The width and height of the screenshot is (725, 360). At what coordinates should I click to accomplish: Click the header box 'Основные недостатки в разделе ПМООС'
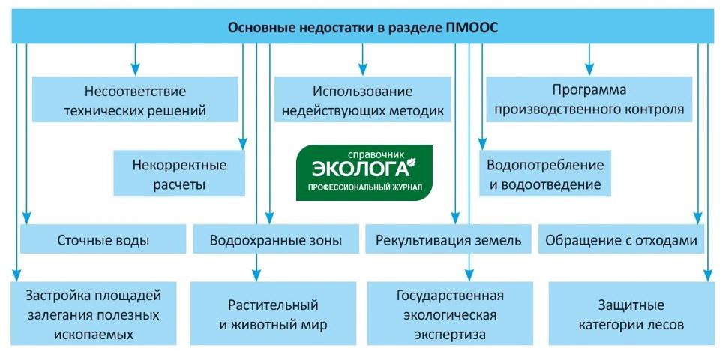point(362,28)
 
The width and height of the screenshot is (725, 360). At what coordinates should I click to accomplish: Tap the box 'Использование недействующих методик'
point(363,102)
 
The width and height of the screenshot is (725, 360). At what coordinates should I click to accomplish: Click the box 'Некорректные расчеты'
point(178,173)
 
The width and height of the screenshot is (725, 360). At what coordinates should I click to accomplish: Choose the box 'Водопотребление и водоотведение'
point(544,173)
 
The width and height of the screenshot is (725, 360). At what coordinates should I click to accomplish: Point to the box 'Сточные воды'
point(103,241)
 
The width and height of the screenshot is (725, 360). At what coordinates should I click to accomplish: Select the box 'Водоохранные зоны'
point(276,241)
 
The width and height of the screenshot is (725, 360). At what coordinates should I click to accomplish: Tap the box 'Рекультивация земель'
point(448,241)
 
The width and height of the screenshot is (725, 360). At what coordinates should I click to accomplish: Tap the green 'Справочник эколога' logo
point(364,172)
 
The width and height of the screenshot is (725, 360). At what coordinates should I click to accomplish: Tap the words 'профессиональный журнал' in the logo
point(364,185)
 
